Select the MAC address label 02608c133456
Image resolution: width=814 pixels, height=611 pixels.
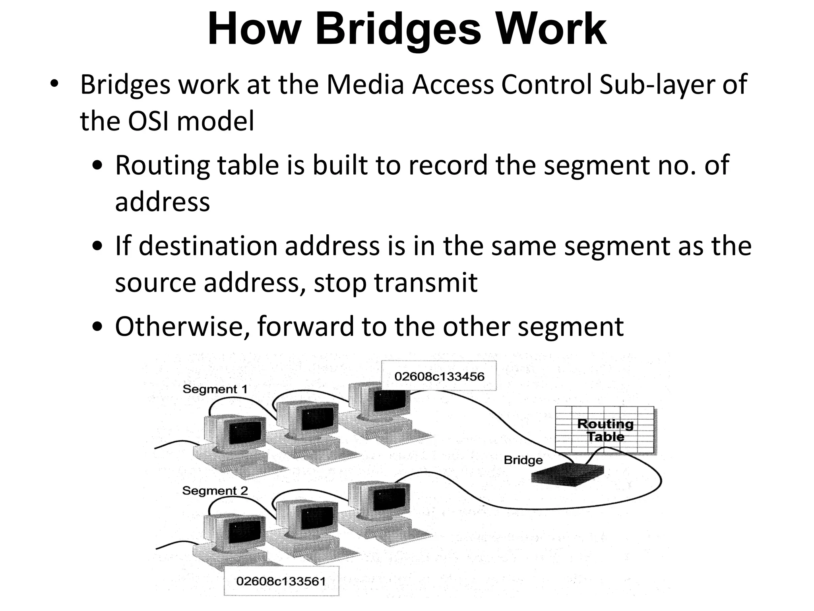point(439,376)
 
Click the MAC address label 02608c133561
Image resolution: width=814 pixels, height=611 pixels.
point(281,581)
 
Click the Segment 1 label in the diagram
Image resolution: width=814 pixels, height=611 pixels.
point(215,389)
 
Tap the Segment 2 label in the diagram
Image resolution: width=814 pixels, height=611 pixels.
point(215,491)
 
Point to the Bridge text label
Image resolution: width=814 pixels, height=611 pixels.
point(523,460)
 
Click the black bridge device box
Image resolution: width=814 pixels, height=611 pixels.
point(568,475)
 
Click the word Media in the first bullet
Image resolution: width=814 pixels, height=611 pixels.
point(365,85)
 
